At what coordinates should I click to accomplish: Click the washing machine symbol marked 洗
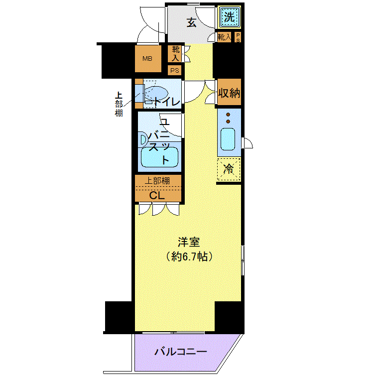pyautogui.click(x=230, y=17)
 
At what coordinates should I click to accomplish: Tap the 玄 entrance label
pyautogui.click(x=192, y=23)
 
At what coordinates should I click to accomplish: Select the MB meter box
pyautogui.click(x=148, y=59)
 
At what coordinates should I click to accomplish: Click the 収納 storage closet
pyautogui.click(x=229, y=92)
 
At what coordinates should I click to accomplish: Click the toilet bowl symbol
pyautogui.click(x=155, y=93)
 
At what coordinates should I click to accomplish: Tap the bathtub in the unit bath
pyautogui.click(x=159, y=157)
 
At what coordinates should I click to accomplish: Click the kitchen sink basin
pyautogui.click(x=228, y=139)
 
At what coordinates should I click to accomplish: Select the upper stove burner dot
pyautogui.click(x=228, y=115)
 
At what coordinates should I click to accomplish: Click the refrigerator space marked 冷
pyautogui.click(x=229, y=169)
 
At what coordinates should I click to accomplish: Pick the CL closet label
pyautogui.click(x=157, y=196)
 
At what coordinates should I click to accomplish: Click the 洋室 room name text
pyautogui.click(x=189, y=243)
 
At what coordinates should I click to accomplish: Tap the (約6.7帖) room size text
pyautogui.click(x=189, y=257)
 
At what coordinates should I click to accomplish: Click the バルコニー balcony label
pyautogui.click(x=181, y=352)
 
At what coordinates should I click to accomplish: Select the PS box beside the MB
pyautogui.click(x=174, y=71)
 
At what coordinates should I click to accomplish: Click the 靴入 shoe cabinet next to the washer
pyautogui.click(x=224, y=37)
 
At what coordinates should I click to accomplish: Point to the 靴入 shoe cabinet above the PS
pyautogui.click(x=175, y=54)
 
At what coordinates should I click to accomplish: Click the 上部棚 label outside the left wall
pyautogui.click(x=119, y=105)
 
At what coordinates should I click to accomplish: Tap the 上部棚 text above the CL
pyautogui.click(x=157, y=181)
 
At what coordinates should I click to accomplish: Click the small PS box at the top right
pyautogui.click(x=238, y=37)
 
